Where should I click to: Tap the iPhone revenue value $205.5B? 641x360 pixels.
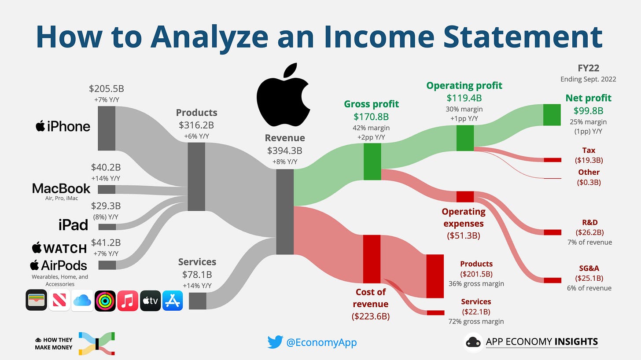pos(106,88)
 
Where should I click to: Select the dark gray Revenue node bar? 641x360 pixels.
pos(284,211)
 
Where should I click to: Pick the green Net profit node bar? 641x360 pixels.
pos(552,115)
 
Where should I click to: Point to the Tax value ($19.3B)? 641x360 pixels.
pos(589,160)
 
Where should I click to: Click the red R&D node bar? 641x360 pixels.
pos(553,232)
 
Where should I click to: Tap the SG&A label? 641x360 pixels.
pos(589,268)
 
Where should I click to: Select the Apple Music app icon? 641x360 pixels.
pos(127,300)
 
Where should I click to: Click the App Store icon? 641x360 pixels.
pos(173,300)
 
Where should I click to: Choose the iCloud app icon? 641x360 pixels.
pos(82,300)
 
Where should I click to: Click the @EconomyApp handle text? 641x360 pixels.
pos(321,342)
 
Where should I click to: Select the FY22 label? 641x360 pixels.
pos(588,68)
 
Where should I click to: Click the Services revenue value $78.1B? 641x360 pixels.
pos(197,275)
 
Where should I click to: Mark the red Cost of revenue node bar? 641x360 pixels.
pos(372,259)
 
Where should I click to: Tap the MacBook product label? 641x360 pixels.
pos(61,189)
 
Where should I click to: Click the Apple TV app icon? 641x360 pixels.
pos(150,300)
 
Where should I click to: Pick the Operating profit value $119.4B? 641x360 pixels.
pos(464,98)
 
